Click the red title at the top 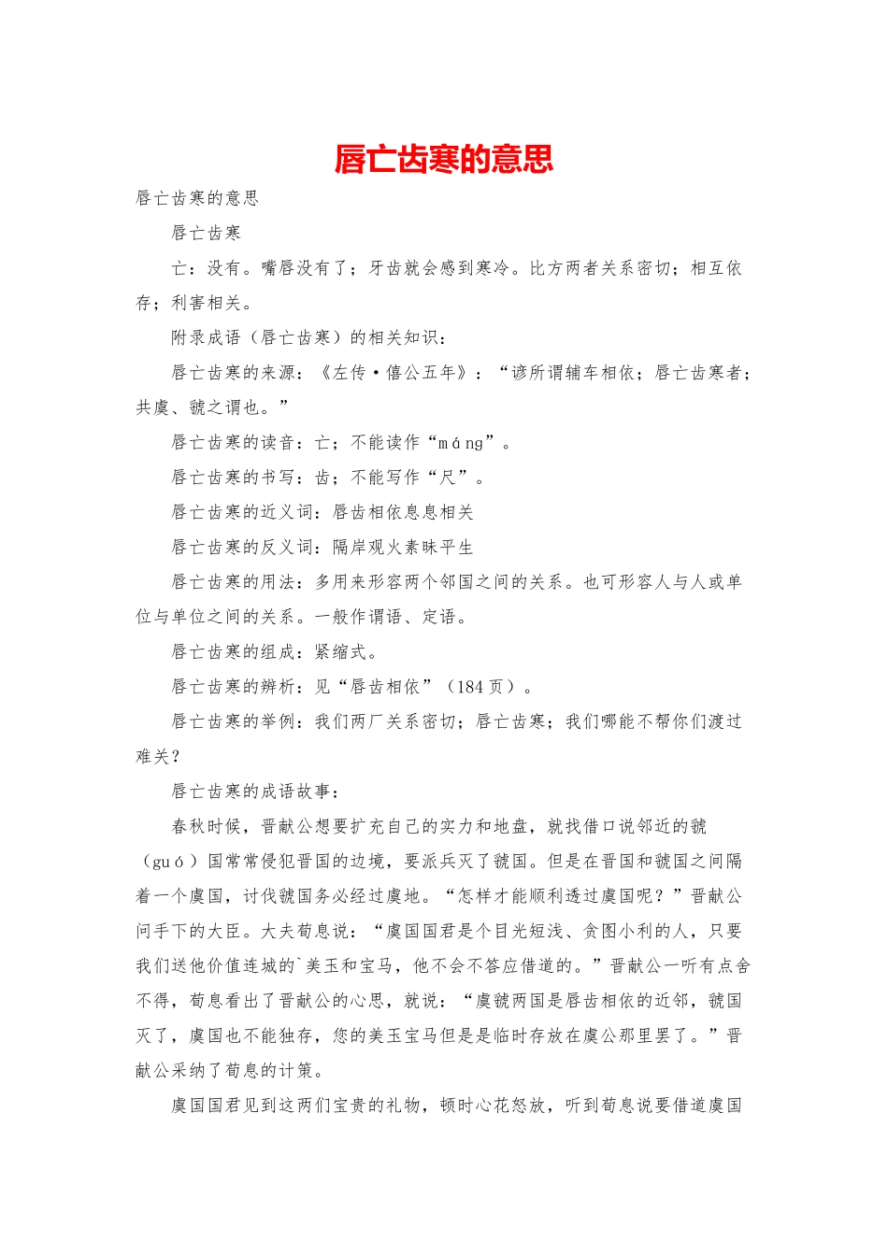click(x=443, y=159)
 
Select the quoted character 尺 click(x=448, y=478)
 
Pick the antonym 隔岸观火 click(x=367, y=548)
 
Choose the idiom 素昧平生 click(x=438, y=548)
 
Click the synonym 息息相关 click(x=438, y=512)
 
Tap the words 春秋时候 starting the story click(x=206, y=827)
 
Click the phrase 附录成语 click(x=206, y=337)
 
